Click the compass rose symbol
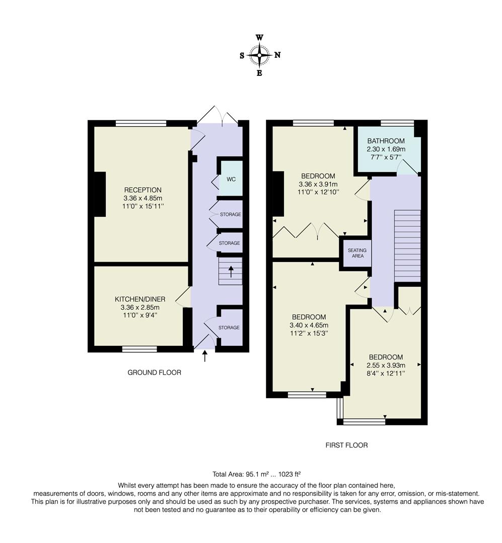260,55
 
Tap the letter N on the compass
277,55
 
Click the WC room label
231,179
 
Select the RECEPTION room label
143,190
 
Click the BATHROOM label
386,141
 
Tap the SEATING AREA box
357,253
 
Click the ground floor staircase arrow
231,272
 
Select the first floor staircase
407,246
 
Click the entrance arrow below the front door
204,356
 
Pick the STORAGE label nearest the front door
229,328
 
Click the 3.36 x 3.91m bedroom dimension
318,184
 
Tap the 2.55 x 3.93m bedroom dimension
385,366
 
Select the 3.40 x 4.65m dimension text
309,325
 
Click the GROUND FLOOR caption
154,373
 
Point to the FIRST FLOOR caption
346,445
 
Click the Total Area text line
257,474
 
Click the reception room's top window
141,123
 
